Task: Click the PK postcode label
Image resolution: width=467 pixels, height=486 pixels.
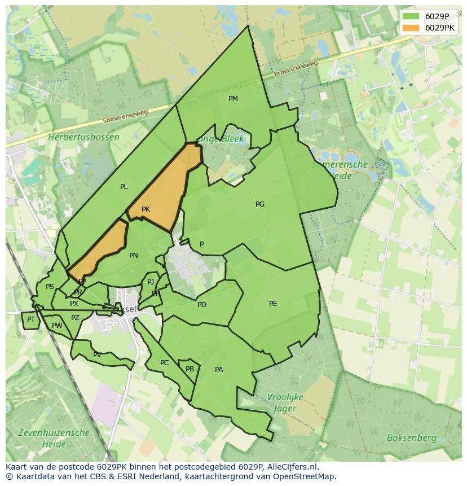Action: (146, 209)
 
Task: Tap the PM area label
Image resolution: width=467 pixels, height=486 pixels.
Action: (233, 99)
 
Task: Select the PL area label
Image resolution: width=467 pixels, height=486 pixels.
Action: (124, 187)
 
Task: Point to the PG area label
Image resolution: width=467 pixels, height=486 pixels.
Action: (260, 204)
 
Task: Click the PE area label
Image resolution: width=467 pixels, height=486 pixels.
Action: (273, 304)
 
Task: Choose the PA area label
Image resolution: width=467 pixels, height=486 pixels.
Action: (219, 370)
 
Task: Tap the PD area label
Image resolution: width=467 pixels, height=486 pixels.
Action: (202, 305)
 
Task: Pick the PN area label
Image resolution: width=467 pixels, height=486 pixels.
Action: (134, 256)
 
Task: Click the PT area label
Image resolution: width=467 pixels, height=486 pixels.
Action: (31, 319)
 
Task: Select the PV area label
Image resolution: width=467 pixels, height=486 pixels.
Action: (97, 355)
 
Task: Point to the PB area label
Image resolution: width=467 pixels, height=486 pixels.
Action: (190, 369)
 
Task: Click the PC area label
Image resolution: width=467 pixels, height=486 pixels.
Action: (164, 363)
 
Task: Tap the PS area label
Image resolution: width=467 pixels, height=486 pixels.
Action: (50, 287)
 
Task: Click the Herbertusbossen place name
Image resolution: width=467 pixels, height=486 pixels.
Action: (83, 137)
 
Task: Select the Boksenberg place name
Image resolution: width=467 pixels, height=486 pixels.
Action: (411, 437)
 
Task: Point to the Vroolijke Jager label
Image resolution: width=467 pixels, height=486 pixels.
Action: (284, 403)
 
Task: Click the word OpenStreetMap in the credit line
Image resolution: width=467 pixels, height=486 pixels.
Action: (308, 476)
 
